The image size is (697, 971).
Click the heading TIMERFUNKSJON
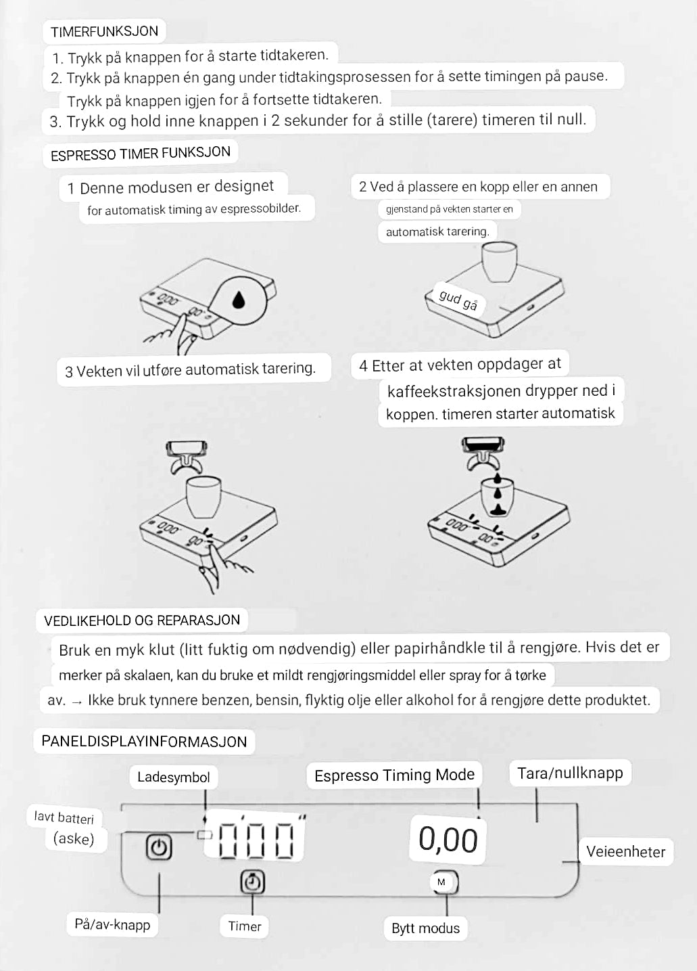pyautogui.click(x=104, y=32)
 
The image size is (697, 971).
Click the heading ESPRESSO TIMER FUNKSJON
pyautogui.click(x=141, y=154)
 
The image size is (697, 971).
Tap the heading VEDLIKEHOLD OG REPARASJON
pyautogui.click(x=142, y=620)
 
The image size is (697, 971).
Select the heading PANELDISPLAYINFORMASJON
pyautogui.click(x=144, y=741)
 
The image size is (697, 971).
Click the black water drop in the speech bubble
pyautogui.click(x=239, y=299)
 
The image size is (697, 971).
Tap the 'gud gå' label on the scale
pyautogui.click(x=458, y=300)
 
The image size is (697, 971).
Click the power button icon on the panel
pyautogui.click(x=159, y=847)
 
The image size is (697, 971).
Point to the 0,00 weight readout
pyautogui.click(x=448, y=840)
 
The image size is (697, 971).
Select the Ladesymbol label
pyautogui.click(x=173, y=777)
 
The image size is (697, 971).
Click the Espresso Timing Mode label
pyautogui.click(x=394, y=775)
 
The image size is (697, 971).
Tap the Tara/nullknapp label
pyautogui.click(x=570, y=773)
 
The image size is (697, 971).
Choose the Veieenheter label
pyautogui.click(x=625, y=852)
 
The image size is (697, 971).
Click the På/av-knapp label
pyautogui.click(x=112, y=924)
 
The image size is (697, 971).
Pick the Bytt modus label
pyautogui.click(x=425, y=928)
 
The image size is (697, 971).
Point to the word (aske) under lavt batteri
pyautogui.click(x=74, y=839)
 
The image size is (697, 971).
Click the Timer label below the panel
pyautogui.click(x=245, y=926)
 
